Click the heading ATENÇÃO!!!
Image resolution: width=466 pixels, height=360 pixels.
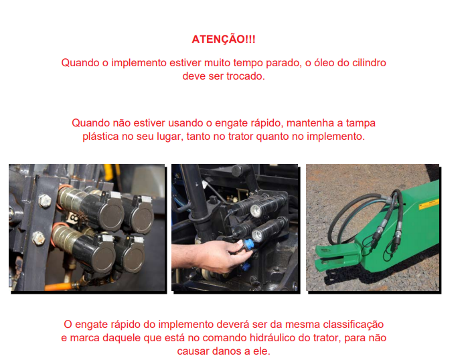point(224,39)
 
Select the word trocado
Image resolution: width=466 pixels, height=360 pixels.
point(246,76)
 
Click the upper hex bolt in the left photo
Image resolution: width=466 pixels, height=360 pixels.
point(45,201)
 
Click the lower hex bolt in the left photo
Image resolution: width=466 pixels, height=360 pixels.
point(38,238)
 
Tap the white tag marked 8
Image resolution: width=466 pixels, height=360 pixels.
point(73,219)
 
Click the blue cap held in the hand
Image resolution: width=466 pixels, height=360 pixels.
point(248,245)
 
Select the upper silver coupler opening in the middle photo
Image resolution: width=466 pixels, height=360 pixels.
point(256,211)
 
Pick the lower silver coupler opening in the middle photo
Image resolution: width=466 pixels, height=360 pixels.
point(258,236)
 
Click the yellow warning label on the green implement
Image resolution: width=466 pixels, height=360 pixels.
point(429,204)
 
